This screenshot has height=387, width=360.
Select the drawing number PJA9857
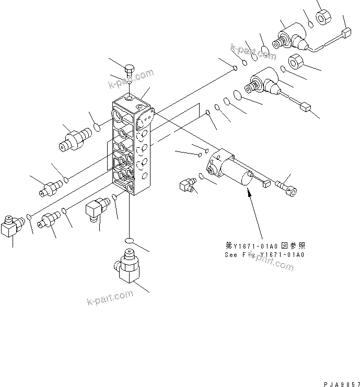click(341, 383)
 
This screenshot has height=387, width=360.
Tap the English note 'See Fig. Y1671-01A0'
click(263, 255)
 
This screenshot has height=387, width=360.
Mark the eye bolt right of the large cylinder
click(286, 185)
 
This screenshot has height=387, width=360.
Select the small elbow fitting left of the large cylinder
click(187, 184)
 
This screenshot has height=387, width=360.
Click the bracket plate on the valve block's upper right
click(145, 120)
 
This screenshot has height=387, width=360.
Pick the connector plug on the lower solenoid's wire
click(306, 108)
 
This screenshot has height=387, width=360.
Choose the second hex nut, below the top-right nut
click(296, 61)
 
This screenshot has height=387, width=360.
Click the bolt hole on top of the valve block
click(129, 97)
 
